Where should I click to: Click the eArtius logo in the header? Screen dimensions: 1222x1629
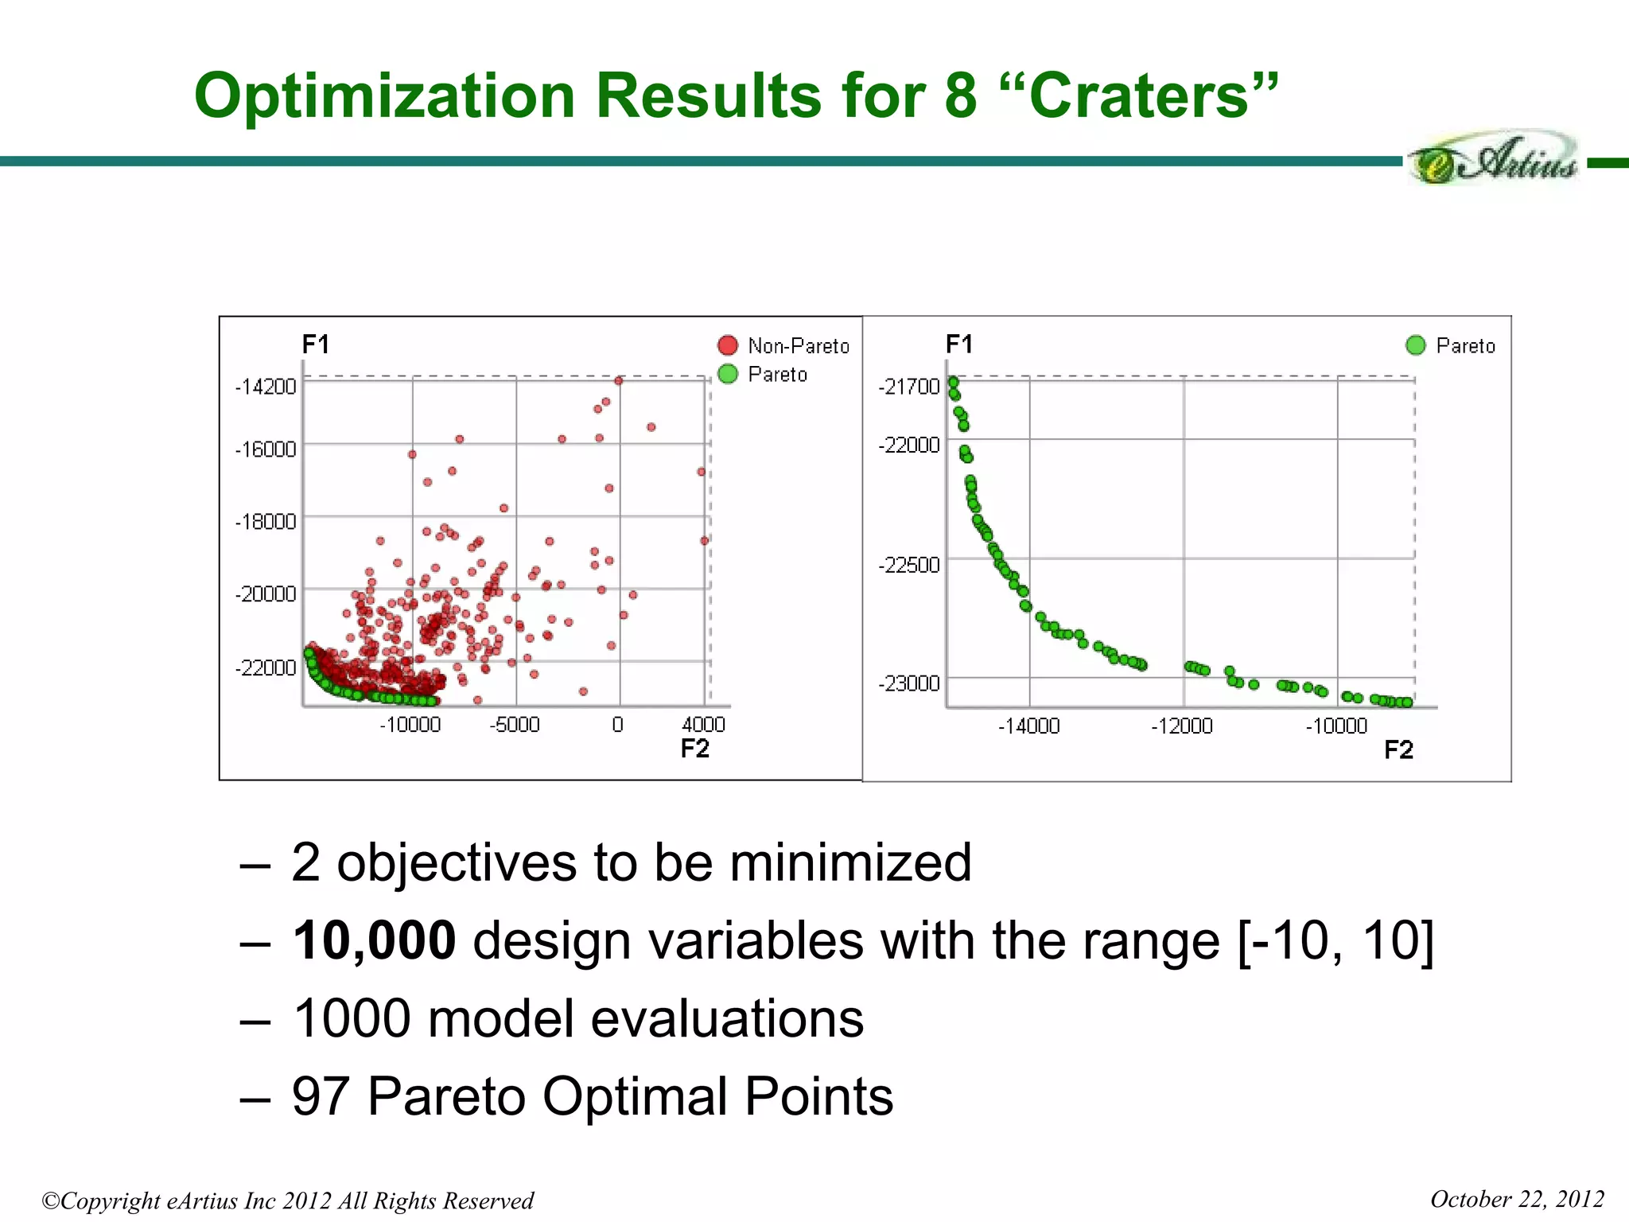(1494, 159)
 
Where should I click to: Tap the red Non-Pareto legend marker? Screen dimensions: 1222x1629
(727, 345)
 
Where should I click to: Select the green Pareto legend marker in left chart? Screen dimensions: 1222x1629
(727, 374)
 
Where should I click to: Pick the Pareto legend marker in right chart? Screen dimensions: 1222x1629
(1415, 345)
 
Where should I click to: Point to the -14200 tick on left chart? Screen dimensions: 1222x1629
(266, 387)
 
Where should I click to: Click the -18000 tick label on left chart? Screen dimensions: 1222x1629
(266, 522)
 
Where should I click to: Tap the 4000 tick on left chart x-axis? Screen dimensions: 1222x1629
(703, 725)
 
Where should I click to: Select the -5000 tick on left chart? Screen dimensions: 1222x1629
(515, 725)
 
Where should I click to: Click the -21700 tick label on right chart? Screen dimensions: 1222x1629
(909, 387)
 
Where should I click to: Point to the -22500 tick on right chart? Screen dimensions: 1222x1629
(909, 565)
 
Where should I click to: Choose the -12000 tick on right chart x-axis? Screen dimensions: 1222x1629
(1182, 726)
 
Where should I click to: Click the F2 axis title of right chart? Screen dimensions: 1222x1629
(1398, 750)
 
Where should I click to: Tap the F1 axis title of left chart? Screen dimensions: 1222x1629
(316, 344)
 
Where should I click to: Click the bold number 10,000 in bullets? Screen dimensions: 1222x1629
(374, 940)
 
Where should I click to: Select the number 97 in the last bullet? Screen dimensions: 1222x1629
(320, 1096)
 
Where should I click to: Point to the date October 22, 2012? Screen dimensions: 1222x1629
(1517, 1199)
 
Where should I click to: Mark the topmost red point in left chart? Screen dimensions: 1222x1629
(618, 380)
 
